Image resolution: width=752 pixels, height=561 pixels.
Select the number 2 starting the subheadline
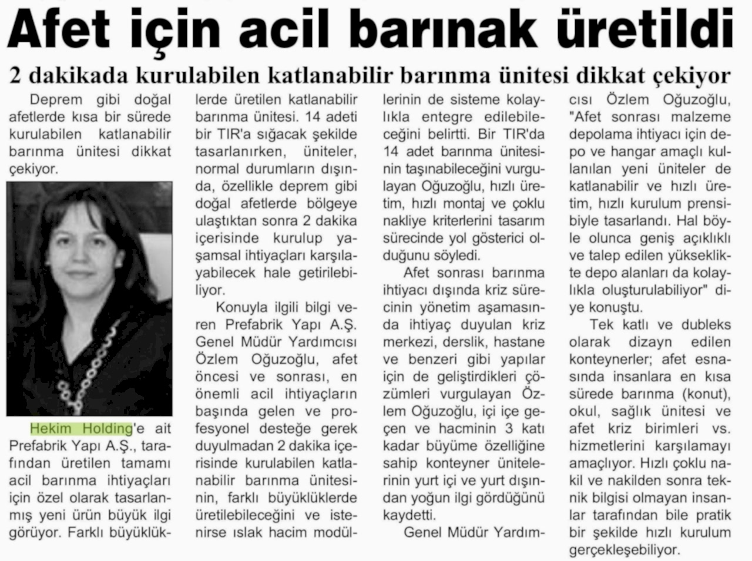click(x=16, y=76)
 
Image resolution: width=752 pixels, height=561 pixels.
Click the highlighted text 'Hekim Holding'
click(x=81, y=427)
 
